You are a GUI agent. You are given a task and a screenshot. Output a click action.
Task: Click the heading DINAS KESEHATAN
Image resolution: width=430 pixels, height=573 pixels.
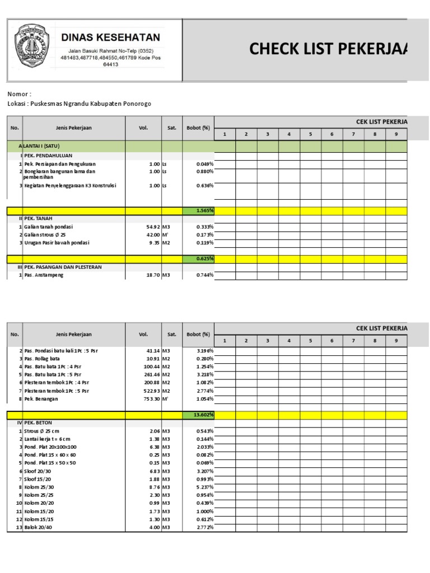(110, 37)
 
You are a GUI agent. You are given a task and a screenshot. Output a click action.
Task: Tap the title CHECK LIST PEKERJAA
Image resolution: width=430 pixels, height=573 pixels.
(329, 49)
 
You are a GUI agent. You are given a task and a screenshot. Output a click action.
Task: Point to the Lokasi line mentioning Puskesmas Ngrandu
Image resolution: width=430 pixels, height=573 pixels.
(79, 104)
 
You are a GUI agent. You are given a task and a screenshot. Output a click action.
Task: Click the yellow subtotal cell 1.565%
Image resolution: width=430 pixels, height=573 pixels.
(199, 210)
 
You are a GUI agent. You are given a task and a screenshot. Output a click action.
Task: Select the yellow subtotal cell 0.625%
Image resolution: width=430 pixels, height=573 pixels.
(199, 259)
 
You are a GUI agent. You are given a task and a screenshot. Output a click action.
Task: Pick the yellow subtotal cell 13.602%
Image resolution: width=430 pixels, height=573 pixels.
(199, 415)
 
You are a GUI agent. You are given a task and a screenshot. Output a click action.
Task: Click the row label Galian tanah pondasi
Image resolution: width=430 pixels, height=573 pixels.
(48, 227)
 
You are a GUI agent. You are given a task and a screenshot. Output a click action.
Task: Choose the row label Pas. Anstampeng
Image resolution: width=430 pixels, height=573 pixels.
(44, 275)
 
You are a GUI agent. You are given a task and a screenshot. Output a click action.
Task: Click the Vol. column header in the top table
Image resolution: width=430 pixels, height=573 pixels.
(143, 128)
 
